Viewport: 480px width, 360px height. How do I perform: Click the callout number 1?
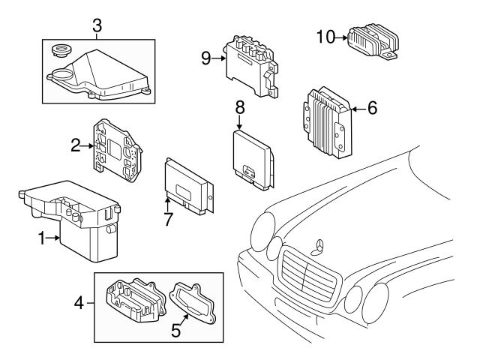coord(43,238)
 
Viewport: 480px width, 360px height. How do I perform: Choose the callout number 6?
coord(371,109)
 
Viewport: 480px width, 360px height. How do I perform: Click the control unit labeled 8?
coord(250,157)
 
